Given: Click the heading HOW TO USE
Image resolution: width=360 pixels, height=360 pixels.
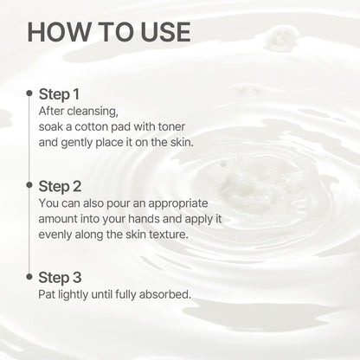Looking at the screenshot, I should tap(108, 31).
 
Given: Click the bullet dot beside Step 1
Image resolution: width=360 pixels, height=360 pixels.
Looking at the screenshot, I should tap(29, 93).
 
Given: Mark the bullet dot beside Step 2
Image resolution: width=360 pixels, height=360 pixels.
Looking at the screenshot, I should tap(29, 185).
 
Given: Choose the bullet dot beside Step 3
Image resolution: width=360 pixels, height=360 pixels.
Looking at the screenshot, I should tap(29, 277).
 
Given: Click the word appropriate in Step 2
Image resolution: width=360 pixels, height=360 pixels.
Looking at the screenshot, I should tap(178, 202).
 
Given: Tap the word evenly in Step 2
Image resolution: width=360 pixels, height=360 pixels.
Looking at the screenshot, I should tap(59, 234).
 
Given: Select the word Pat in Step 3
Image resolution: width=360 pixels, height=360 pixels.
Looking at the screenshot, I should tap(49, 294).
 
